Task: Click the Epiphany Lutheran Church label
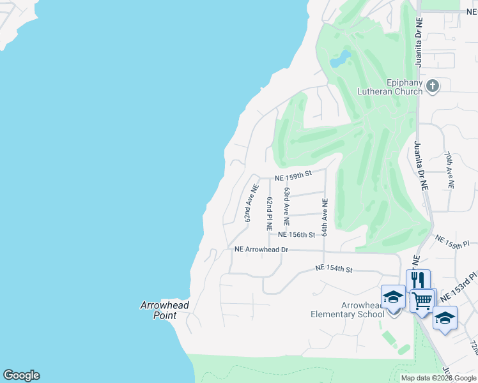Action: tap(405, 87)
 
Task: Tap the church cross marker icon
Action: tap(433, 86)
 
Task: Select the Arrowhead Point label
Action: tap(165, 310)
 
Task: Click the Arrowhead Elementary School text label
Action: tap(347, 310)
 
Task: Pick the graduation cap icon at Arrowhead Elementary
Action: tap(393, 296)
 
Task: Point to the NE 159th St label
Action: tap(293, 174)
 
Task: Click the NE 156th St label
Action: tap(297, 235)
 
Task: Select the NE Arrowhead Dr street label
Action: tap(262, 250)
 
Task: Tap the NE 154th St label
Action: tap(334, 269)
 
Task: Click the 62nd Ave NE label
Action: tap(250, 203)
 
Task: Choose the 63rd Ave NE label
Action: tap(288, 206)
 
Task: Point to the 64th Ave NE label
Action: tap(325, 217)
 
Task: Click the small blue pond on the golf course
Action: tap(341, 59)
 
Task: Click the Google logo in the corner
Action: tap(21, 375)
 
